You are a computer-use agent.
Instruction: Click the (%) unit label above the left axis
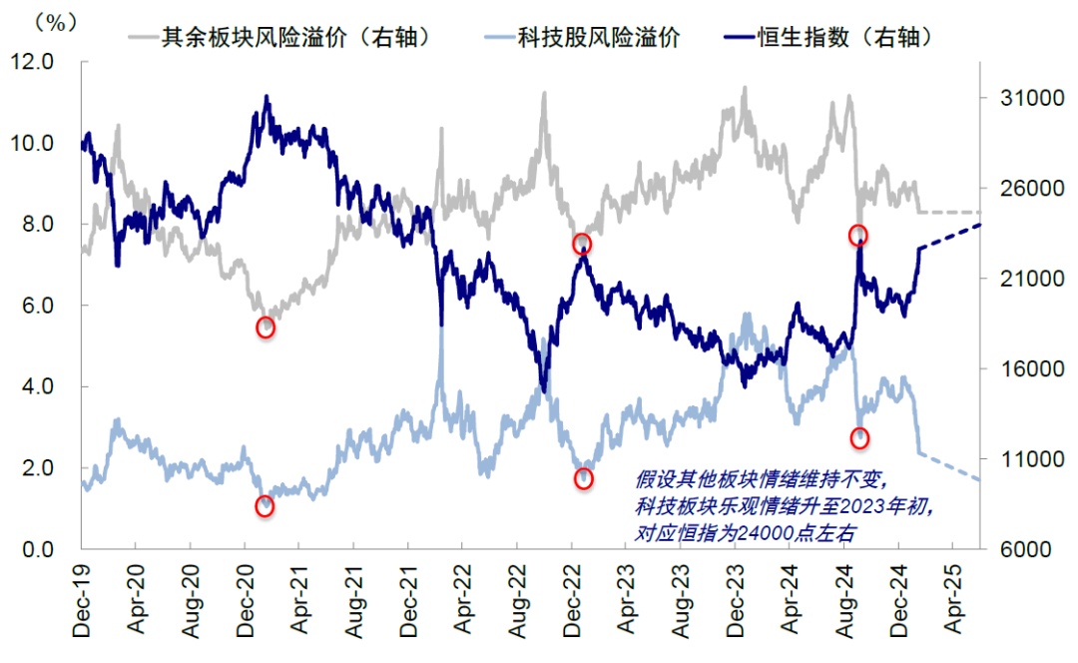tap(56, 22)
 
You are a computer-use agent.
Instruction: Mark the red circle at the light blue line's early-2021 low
tap(265, 506)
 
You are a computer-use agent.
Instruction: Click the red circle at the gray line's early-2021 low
tap(266, 328)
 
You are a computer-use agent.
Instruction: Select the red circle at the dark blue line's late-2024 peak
tap(858, 236)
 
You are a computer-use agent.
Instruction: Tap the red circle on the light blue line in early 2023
tap(584, 479)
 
